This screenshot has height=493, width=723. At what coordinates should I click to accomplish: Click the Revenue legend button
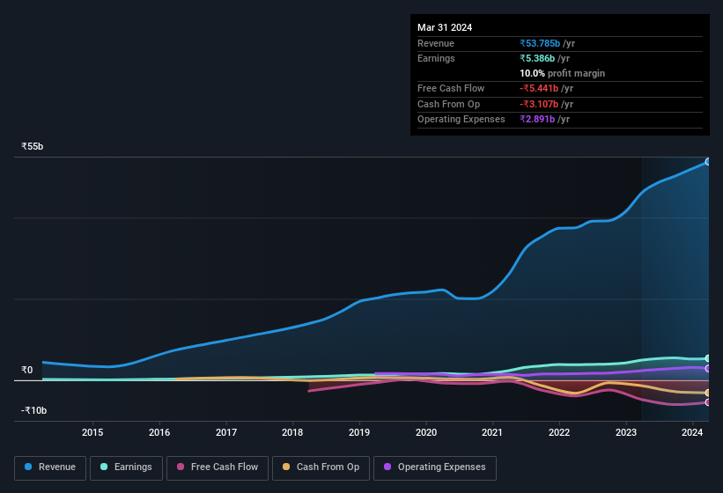click(50, 467)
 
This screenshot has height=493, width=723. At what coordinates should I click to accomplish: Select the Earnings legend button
click(126, 467)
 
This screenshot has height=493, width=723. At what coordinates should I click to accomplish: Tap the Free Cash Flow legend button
click(217, 467)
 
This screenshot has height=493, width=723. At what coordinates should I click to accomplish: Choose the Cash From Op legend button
click(321, 467)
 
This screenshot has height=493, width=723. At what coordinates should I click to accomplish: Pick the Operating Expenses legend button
click(435, 467)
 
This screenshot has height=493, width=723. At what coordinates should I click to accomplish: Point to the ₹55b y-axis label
click(33, 146)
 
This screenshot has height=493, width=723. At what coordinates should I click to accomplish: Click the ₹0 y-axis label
click(27, 370)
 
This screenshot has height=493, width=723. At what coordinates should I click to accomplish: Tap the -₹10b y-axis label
click(33, 410)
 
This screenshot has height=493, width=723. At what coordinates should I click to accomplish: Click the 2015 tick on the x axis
click(92, 432)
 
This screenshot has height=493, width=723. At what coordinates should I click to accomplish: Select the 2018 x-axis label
click(292, 432)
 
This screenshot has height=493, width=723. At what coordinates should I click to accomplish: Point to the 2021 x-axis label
click(492, 432)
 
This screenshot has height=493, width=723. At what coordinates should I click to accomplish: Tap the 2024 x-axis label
click(692, 432)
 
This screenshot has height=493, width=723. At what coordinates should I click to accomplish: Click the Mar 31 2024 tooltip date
click(445, 27)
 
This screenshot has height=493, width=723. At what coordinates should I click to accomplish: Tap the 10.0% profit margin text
click(562, 73)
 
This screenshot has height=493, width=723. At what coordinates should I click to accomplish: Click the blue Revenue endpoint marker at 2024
click(708, 162)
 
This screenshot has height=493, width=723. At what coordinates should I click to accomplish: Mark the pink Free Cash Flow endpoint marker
click(708, 402)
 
